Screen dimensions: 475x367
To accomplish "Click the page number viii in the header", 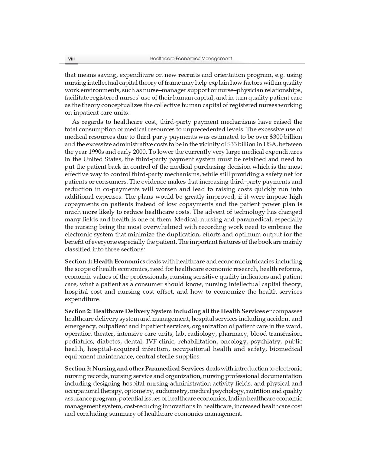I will tap(71, 59).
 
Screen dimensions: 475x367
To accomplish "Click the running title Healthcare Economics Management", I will tap(191, 59).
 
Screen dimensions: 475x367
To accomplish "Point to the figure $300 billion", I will tap(285, 137).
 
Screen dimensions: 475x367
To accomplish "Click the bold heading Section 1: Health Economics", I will tap(105, 262).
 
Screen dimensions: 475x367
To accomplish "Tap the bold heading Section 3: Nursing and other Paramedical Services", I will tap(135, 369).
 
